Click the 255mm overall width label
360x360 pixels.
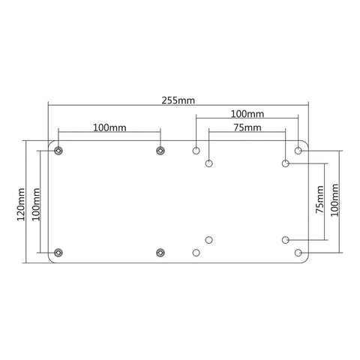178,99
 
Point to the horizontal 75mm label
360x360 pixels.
247,128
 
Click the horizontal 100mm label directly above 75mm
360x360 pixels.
247,114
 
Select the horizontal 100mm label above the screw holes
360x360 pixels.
109,128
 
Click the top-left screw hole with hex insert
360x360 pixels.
59,151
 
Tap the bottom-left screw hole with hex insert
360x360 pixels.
59,252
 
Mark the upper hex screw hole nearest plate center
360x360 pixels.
160,151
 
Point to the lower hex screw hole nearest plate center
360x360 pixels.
160,252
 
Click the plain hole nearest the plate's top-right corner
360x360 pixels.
298,151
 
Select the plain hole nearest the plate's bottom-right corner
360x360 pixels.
298,252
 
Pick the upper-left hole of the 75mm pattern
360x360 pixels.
209,163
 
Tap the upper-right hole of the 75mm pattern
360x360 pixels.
286,163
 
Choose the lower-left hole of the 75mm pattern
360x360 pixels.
209,240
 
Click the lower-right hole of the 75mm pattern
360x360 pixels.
286,240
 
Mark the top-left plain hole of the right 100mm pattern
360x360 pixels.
196,151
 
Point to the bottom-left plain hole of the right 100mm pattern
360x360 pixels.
196,252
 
